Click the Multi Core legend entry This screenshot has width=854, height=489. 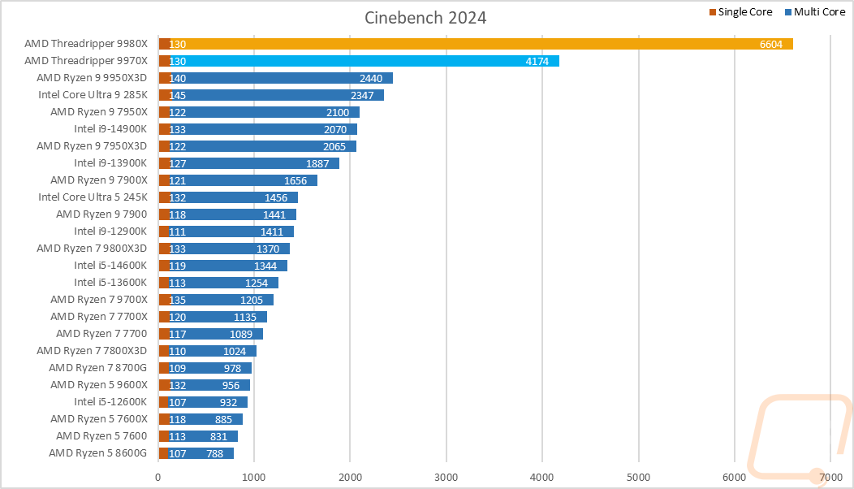814,12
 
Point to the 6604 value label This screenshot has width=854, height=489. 770,44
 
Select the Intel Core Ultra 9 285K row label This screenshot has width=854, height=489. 93,95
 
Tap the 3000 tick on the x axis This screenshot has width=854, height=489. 446,478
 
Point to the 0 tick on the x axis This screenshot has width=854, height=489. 158,478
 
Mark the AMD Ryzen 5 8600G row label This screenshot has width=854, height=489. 97,453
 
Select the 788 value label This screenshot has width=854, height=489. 214,453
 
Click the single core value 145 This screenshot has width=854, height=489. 178,95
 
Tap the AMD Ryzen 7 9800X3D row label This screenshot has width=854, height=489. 92,249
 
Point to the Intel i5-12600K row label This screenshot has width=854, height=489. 110,402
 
